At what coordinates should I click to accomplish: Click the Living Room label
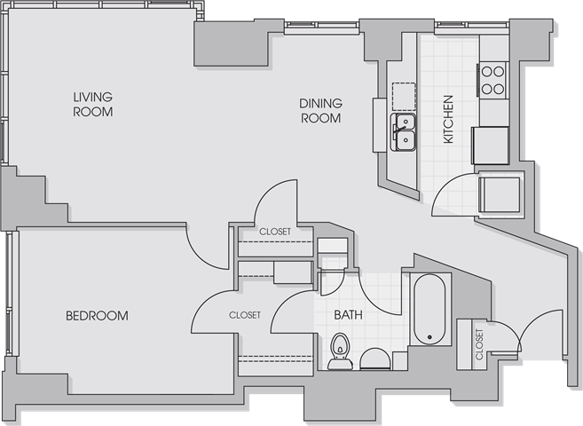point(93,105)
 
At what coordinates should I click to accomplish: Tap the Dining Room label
point(321,111)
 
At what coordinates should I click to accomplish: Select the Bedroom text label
point(97,316)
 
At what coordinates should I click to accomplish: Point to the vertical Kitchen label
point(449,119)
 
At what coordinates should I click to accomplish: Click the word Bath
point(348,315)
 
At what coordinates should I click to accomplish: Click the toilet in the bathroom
point(340,351)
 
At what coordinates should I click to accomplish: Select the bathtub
point(430,310)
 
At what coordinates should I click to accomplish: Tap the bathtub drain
point(429,337)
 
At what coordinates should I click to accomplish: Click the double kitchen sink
point(404,132)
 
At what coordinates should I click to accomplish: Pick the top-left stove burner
point(486,71)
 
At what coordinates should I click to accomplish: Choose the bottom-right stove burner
point(499,89)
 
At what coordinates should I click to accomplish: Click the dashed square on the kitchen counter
point(404,96)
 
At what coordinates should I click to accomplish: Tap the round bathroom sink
point(375,359)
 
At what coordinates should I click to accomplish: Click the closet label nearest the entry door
point(480,344)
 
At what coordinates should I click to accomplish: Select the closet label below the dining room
point(275,232)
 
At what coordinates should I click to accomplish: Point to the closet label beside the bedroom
point(245,315)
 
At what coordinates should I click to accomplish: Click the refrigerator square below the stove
point(490,146)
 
